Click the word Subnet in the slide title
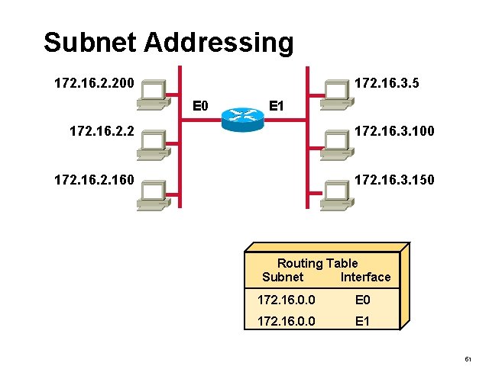[91, 43]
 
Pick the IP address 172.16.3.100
[394, 132]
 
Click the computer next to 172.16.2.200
[152, 91]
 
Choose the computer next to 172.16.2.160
[152, 194]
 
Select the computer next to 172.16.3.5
[335, 91]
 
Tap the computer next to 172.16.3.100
[335, 143]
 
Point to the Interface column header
[365, 277]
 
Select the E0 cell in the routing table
[362, 301]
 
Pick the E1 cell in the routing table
[362, 322]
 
